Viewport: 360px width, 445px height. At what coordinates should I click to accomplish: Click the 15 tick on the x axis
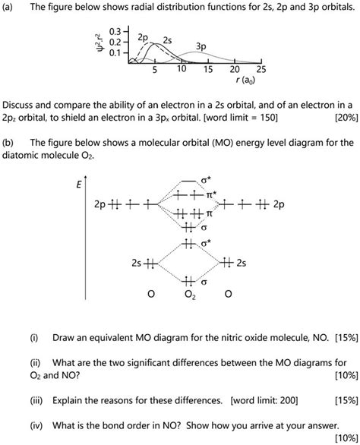(208, 69)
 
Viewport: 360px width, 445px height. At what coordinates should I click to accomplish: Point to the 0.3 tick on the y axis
(115, 32)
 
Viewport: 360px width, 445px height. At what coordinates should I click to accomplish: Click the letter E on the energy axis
(78, 185)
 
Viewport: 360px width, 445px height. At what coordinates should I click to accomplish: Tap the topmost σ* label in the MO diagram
(206, 181)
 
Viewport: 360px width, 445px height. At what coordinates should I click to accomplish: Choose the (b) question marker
(10, 142)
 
